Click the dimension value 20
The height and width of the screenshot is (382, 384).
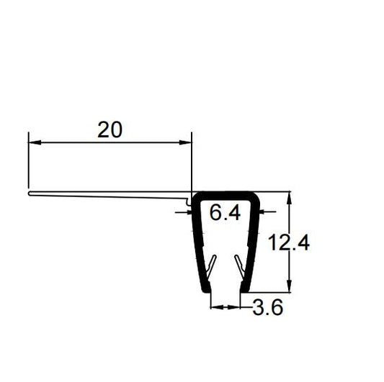coord(110,129)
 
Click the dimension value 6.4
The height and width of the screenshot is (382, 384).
coord(224,214)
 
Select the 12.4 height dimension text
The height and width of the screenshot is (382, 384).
coord(290,243)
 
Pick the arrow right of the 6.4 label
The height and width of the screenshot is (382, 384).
coord(264,212)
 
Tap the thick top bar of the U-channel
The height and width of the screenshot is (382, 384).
coord(224,195)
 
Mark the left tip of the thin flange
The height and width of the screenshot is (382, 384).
coord(29,192)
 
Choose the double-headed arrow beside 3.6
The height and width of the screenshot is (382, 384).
coord(224,307)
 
